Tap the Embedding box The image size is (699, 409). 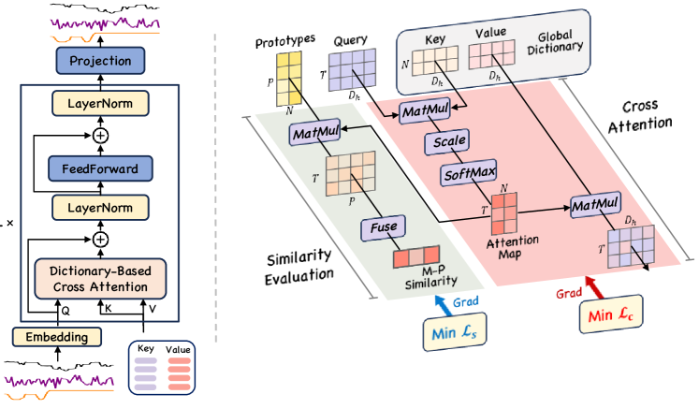(55, 336)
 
